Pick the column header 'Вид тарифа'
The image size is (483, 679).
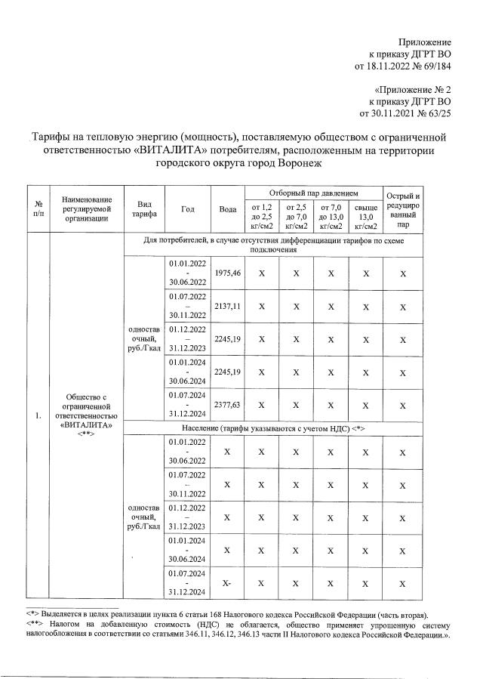tap(145, 208)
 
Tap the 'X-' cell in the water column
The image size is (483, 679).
tap(227, 583)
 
